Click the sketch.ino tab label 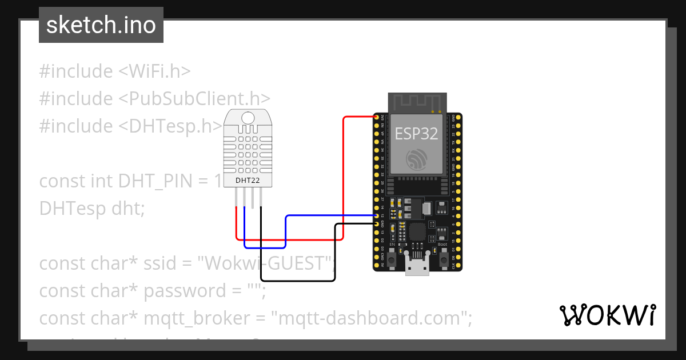pyautogui.click(x=101, y=25)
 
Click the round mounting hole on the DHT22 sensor pyautogui.click(x=248, y=118)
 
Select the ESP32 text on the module pyautogui.click(x=417, y=134)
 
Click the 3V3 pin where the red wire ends pyautogui.click(x=377, y=117)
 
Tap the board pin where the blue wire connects pyautogui.click(x=377, y=216)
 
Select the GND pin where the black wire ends pyautogui.click(x=377, y=225)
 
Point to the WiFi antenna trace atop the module pyautogui.click(x=417, y=102)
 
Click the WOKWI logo pyautogui.click(x=607, y=315)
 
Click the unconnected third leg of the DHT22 pyautogui.click(x=253, y=197)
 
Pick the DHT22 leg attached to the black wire pyautogui.click(x=261, y=197)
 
